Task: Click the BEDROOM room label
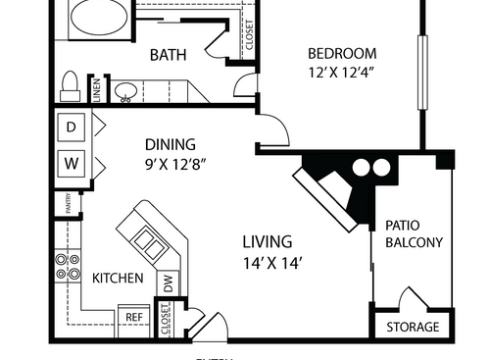tap(342, 53)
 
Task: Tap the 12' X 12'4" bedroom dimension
tap(342, 72)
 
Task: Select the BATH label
tap(168, 56)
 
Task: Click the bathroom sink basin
tap(125, 91)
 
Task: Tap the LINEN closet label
tap(96, 89)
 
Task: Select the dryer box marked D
tap(72, 127)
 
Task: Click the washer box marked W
tap(72, 160)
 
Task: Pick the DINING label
tap(171, 143)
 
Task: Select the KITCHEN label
tap(118, 279)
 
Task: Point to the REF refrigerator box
tap(132, 317)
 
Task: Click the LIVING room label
tap(268, 241)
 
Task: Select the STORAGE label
tap(413, 327)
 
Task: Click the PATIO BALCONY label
tap(414, 232)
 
